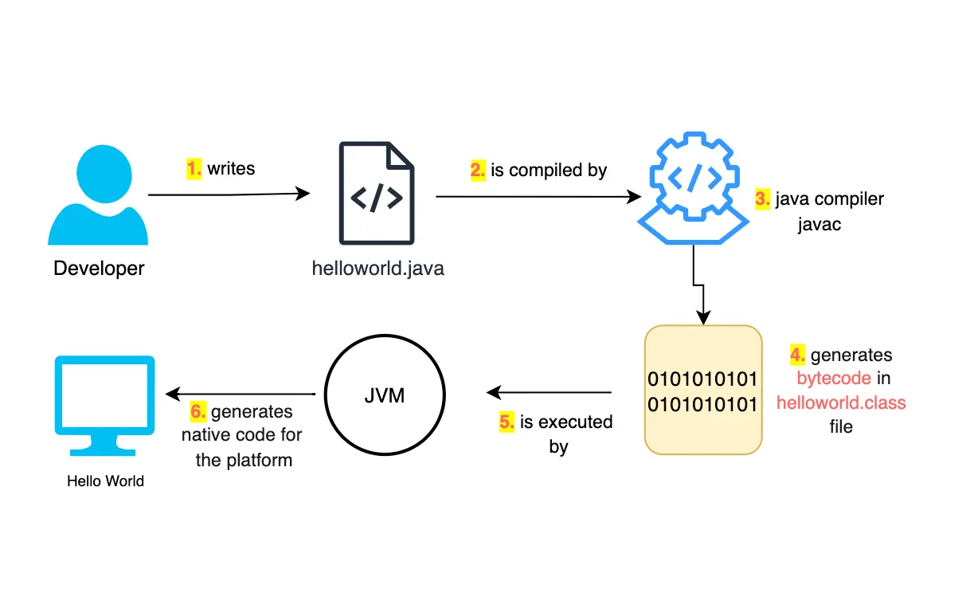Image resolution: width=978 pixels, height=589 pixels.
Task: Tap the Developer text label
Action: tap(99, 269)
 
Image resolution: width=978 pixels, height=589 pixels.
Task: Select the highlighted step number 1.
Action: tap(194, 168)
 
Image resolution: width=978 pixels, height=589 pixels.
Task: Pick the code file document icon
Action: tap(377, 193)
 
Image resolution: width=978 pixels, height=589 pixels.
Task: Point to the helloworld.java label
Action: tap(378, 269)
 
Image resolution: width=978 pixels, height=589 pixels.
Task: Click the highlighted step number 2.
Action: tap(478, 170)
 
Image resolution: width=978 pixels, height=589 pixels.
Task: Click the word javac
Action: tap(820, 224)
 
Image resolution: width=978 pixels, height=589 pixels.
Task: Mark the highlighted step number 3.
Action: tap(762, 199)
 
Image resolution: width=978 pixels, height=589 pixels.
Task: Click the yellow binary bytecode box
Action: tap(702, 390)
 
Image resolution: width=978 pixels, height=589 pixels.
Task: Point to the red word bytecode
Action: tap(833, 379)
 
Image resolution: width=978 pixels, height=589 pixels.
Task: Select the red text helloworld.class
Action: tap(841, 402)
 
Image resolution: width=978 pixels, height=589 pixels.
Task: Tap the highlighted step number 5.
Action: tap(507, 422)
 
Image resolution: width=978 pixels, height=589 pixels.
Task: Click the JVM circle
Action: tap(384, 395)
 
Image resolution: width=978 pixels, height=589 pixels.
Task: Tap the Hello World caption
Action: tap(105, 481)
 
